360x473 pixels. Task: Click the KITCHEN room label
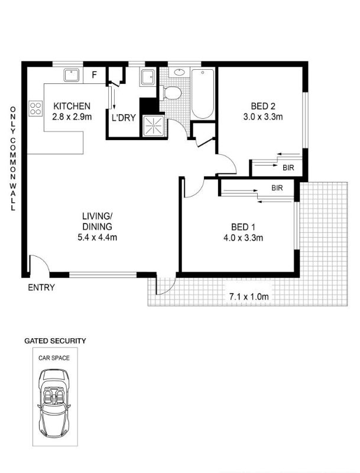click(72, 106)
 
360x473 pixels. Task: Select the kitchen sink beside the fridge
click(72, 76)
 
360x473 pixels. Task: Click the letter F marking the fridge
click(95, 75)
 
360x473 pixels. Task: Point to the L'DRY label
click(124, 118)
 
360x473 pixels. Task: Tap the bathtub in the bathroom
click(203, 94)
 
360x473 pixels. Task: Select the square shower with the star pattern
click(154, 125)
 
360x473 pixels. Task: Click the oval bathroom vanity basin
click(179, 72)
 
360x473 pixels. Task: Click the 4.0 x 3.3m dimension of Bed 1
click(243, 238)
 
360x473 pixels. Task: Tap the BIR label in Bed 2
click(288, 168)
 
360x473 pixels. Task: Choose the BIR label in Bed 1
click(277, 188)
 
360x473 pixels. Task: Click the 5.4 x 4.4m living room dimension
click(97, 238)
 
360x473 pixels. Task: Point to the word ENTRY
click(41, 287)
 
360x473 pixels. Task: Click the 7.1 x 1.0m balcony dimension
click(249, 297)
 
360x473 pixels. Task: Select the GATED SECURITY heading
click(55, 341)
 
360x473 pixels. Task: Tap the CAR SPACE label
click(54, 358)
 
